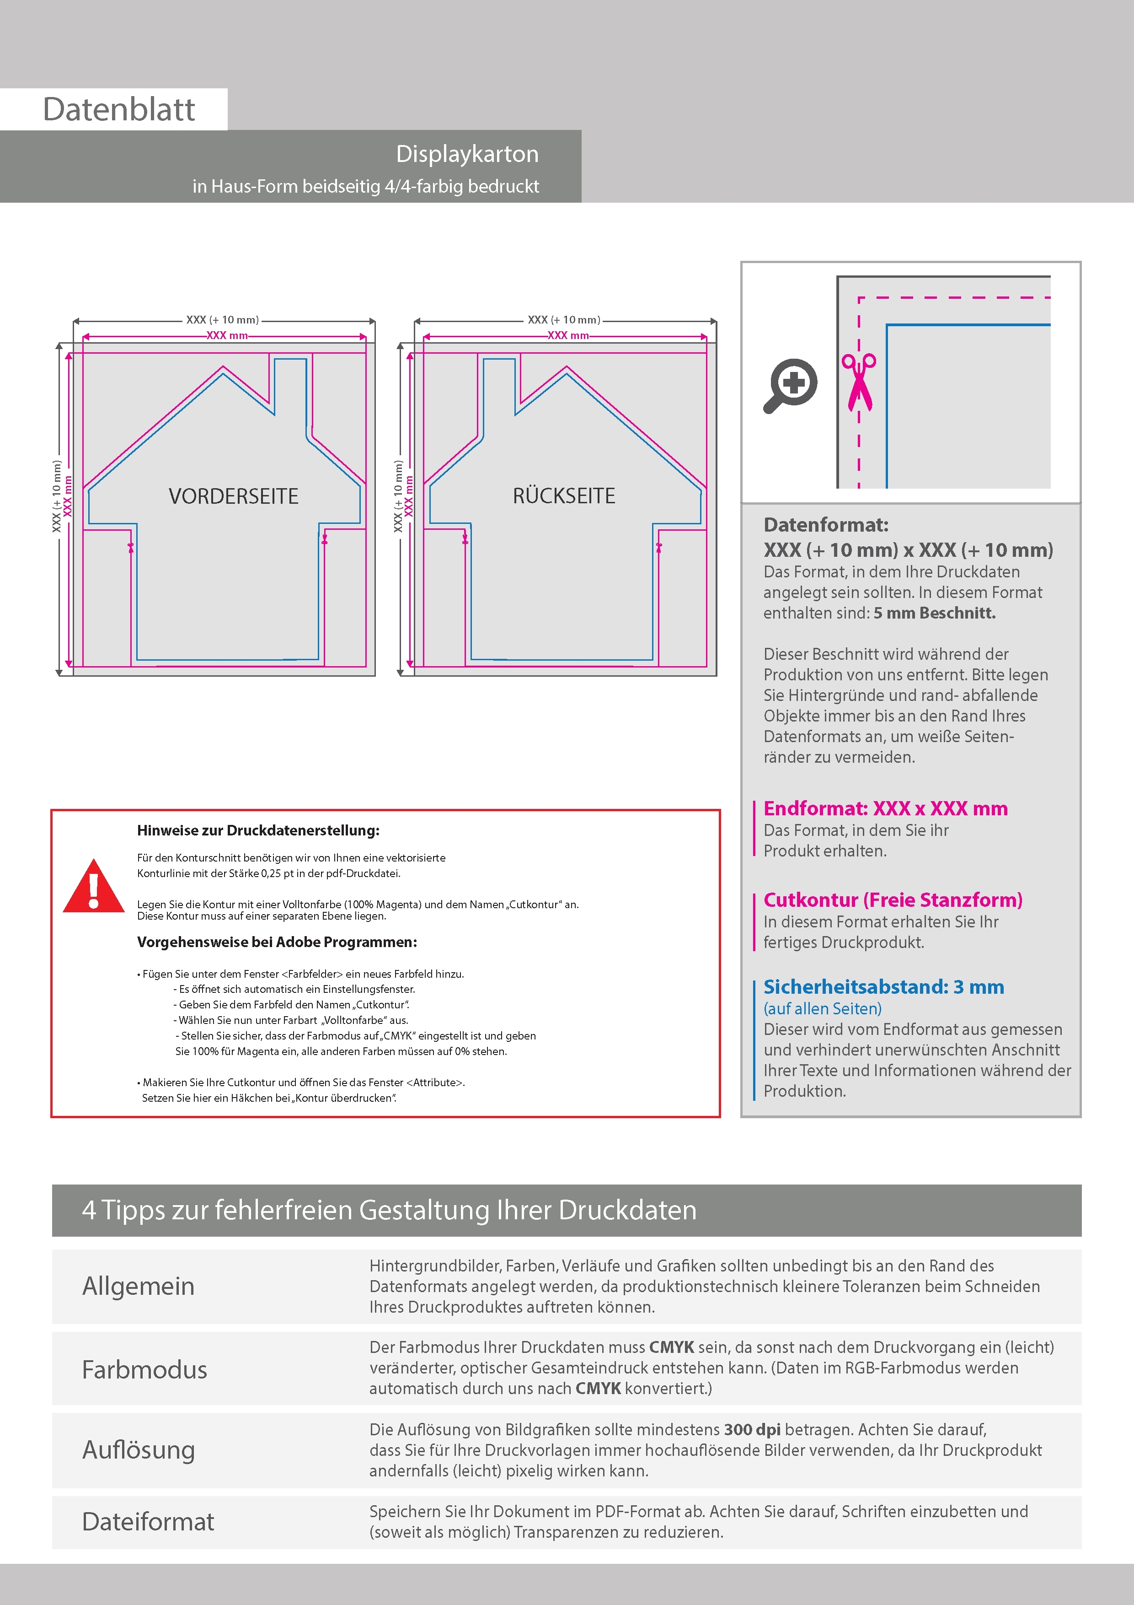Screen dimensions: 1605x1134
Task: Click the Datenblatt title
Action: point(119,110)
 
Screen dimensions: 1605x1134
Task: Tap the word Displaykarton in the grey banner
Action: point(467,154)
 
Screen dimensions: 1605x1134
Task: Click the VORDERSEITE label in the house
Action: point(233,496)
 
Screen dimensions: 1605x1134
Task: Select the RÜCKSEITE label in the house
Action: point(564,496)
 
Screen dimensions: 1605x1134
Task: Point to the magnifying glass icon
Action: point(790,385)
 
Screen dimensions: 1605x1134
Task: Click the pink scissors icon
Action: point(859,382)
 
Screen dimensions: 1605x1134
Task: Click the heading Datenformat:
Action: point(826,525)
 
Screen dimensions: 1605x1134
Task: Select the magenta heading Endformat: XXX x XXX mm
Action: point(885,809)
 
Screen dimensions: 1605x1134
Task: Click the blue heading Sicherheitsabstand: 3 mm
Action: point(883,987)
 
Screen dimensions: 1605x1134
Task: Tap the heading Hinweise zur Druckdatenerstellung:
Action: point(258,830)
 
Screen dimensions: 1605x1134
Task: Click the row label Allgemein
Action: point(139,1286)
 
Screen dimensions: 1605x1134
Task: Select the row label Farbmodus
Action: point(144,1369)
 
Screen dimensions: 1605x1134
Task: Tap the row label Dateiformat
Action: point(148,1522)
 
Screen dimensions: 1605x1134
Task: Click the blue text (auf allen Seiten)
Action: point(822,1009)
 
